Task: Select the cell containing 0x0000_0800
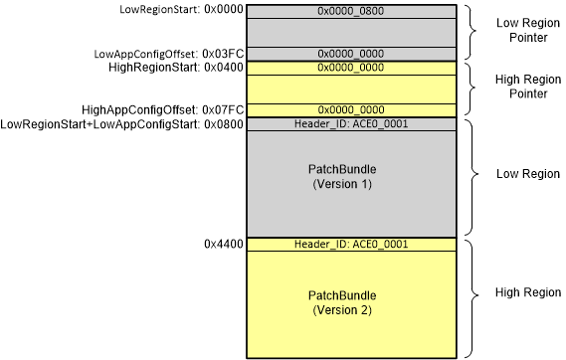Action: pyautogui.click(x=351, y=10)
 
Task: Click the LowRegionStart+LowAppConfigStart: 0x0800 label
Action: pyautogui.click(x=119, y=124)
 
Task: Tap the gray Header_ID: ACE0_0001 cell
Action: pyautogui.click(x=351, y=124)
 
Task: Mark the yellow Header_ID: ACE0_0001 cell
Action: pyautogui.click(x=351, y=244)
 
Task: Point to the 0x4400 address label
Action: pyautogui.click(x=222, y=244)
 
